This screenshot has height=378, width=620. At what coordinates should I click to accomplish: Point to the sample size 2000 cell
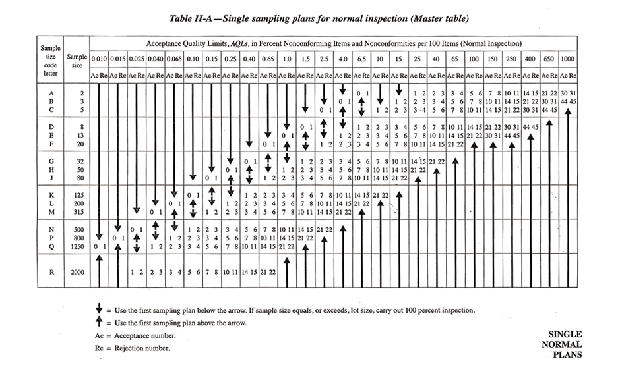click(x=77, y=271)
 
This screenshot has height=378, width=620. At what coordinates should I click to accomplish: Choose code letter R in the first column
click(x=51, y=271)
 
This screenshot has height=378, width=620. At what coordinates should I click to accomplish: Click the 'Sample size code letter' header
click(x=51, y=61)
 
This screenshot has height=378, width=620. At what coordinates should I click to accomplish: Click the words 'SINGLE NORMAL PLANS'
click(x=565, y=344)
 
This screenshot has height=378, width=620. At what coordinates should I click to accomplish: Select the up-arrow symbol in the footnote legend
click(x=99, y=323)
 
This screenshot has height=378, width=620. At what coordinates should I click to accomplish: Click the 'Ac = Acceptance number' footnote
click(x=135, y=335)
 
